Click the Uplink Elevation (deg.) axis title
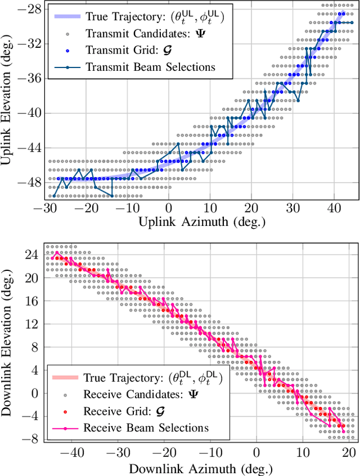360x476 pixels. coord(8,99)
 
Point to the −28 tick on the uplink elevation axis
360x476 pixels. coord(28,9)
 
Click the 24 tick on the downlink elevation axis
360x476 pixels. coord(31,255)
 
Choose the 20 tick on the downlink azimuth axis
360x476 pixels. coord(349,452)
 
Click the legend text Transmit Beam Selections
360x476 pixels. coord(150,67)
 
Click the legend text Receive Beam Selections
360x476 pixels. coord(146,428)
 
